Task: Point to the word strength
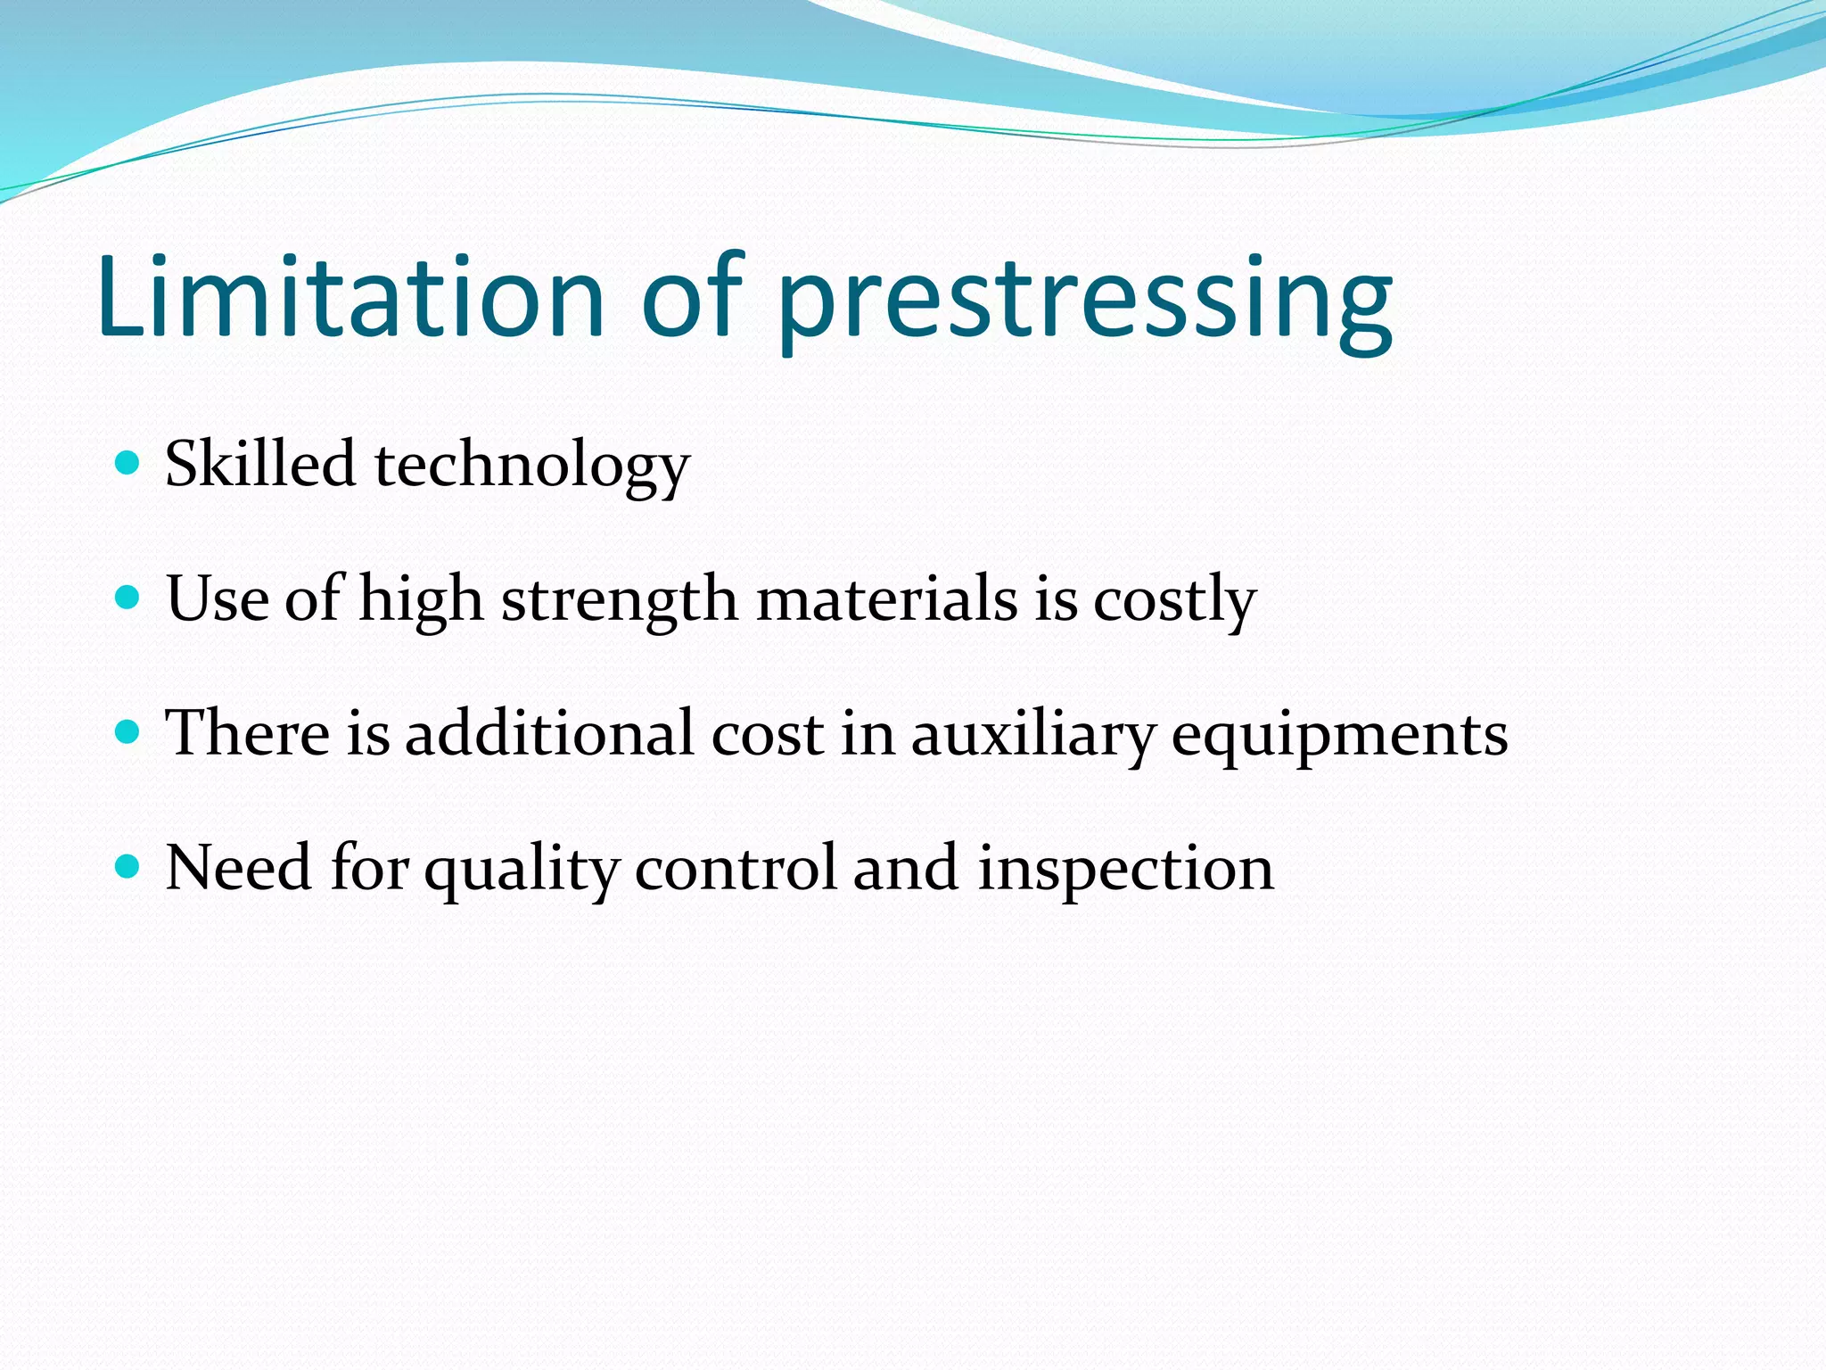coord(620,600)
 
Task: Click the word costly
coord(1175,600)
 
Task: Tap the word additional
coord(548,733)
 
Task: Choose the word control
coord(736,868)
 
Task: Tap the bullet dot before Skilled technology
coord(128,462)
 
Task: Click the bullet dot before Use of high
coord(128,597)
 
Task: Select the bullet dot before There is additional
coord(128,731)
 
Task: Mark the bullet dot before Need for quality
coord(128,866)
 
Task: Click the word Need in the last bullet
coord(238,868)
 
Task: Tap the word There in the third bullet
coord(248,733)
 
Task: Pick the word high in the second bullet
coord(421,600)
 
